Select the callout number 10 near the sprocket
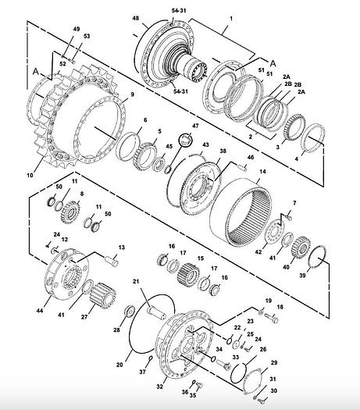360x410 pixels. (30, 176)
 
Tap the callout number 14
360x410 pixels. (262, 171)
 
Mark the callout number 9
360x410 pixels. (132, 94)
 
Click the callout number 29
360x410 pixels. (273, 364)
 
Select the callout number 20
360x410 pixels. (119, 364)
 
